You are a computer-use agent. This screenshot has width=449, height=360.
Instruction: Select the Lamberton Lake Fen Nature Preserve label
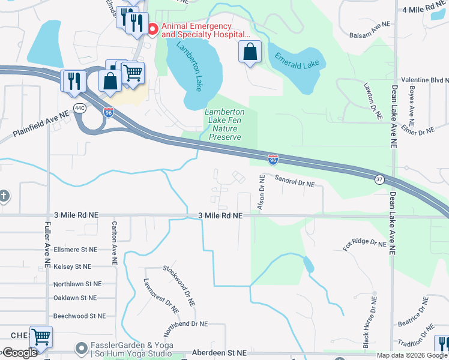(x=224, y=124)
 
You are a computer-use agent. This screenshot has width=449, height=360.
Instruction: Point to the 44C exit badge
(x=80, y=107)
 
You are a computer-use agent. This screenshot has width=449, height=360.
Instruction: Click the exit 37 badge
(x=379, y=179)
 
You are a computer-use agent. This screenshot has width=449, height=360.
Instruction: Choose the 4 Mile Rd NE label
(x=426, y=10)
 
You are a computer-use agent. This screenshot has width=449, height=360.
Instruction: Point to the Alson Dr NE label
(x=261, y=193)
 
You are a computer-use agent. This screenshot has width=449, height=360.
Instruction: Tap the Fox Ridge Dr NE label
(x=364, y=245)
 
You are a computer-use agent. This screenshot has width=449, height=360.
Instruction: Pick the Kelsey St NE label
(x=72, y=266)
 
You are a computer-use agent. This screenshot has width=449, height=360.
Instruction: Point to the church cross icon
(x=4, y=196)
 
